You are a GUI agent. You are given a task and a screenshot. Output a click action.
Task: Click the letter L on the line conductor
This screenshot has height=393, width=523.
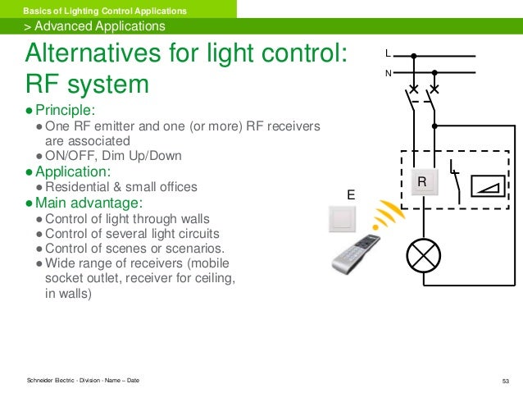tap(389, 55)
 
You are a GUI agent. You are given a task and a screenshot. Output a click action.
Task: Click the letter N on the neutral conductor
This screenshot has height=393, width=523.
tap(389, 72)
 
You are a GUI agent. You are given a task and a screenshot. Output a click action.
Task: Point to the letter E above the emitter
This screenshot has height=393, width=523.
tap(350, 195)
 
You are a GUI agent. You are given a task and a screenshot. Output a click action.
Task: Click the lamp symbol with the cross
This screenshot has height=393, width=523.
tap(423, 257)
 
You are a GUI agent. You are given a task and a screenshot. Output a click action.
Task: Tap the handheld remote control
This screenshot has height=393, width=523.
tap(353, 254)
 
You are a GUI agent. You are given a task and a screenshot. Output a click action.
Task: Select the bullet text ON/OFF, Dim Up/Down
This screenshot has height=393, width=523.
tap(113, 156)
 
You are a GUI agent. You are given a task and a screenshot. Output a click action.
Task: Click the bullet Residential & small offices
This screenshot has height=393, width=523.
tap(121, 187)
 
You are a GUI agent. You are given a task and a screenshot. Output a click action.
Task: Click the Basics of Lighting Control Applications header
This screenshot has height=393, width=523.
tap(104, 9)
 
